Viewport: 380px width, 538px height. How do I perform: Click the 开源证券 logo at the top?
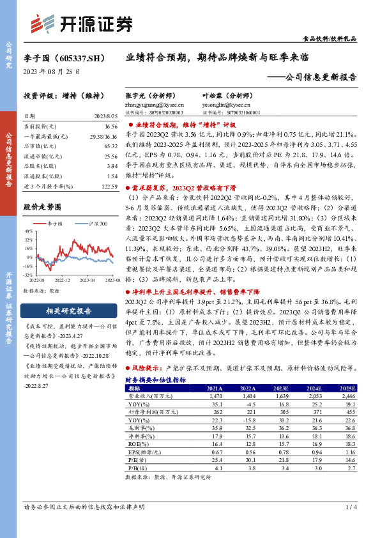(x=81, y=24)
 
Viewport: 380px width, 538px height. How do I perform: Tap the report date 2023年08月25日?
(x=49, y=72)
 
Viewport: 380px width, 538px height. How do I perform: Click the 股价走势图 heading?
(x=42, y=207)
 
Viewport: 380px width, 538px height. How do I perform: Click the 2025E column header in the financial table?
(x=347, y=388)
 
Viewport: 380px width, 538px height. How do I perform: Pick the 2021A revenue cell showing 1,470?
(x=215, y=396)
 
